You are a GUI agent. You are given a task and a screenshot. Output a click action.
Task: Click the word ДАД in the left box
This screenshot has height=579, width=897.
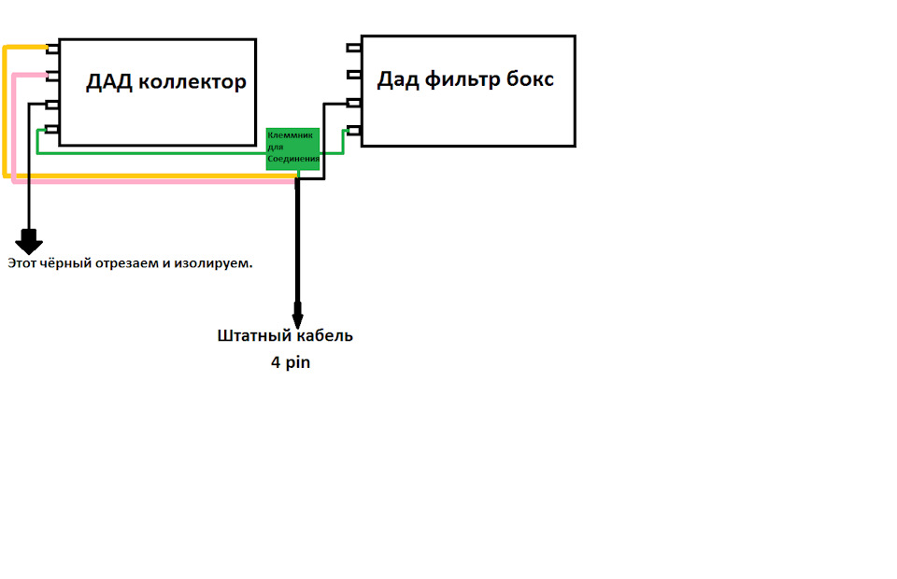108,82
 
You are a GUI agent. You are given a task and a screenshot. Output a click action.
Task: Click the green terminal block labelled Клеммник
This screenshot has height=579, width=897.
293,148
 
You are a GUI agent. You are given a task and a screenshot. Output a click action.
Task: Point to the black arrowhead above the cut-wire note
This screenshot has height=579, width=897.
29,243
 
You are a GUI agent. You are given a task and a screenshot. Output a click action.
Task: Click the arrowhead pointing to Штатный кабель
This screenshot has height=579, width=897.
297,312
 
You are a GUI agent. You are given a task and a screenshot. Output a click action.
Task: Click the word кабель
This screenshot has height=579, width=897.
323,335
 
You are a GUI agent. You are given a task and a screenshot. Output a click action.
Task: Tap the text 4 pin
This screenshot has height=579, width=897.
291,362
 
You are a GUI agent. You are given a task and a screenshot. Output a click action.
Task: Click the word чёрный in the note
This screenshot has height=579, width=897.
67,264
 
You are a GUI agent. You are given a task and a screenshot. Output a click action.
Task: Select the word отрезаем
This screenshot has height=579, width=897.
131,264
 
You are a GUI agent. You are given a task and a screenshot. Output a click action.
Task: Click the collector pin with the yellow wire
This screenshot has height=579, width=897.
53,48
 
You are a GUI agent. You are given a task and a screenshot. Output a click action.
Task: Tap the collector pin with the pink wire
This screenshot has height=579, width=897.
53,75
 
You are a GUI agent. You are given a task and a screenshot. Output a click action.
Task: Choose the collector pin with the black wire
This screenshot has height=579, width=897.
53,103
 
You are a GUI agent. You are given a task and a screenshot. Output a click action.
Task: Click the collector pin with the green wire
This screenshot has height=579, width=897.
53,130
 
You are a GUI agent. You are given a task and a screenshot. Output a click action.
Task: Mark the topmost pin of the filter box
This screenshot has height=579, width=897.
354,47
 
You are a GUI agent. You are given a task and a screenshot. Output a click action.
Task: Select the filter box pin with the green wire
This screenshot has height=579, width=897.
354,130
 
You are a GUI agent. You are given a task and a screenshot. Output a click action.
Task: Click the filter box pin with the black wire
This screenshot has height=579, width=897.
354,102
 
